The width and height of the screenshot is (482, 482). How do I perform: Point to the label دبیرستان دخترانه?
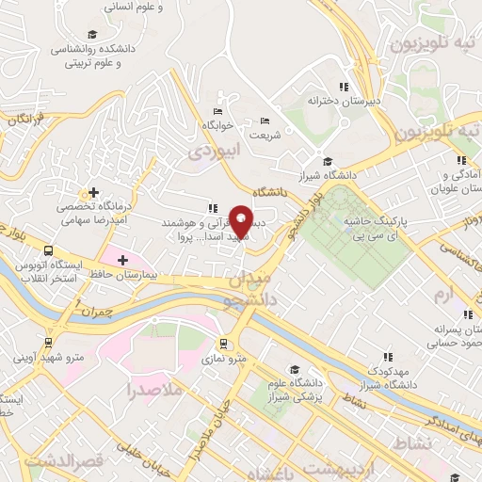pyautogui.click(x=345, y=99)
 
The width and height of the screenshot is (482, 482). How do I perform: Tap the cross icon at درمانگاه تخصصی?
pyautogui.click(x=93, y=191)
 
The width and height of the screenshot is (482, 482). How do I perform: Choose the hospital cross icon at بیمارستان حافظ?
pyautogui.click(x=121, y=258)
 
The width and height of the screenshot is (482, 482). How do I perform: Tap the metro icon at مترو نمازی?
pyautogui.click(x=223, y=344)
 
